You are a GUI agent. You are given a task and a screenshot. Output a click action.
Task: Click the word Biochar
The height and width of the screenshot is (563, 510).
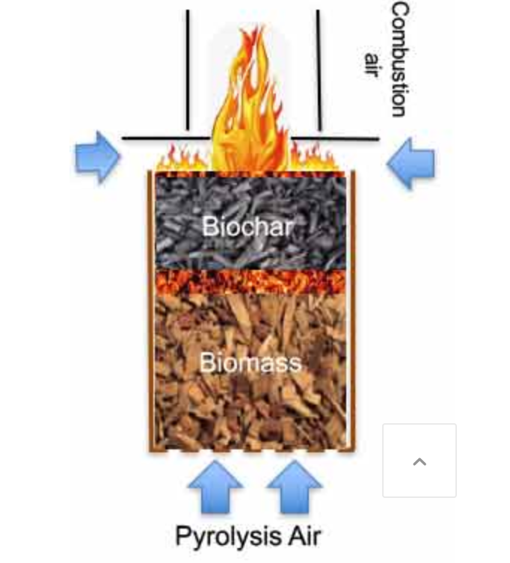pyautogui.click(x=248, y=226)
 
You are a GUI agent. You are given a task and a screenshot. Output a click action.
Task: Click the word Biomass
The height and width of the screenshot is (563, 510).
pyautogui.click(x=250, y=363)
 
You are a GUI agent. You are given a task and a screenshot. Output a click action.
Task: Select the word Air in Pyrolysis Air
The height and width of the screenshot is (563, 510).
pyautogui.click(x=299, y=536)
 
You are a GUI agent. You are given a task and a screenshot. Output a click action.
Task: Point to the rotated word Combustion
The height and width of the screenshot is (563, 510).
pyautogui.click(x=399, y=59)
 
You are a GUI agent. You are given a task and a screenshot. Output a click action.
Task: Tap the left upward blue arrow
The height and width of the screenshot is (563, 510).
pyautogui.click(x=215, y=486)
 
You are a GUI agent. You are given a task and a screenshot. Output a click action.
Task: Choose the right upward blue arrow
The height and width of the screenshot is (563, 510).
pyautogui.click(x=294, y=486)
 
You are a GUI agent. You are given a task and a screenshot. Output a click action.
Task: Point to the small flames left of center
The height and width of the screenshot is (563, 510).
pyautogui.click(x=183, y=157)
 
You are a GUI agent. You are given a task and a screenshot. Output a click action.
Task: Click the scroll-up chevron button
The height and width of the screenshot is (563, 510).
pyautogui.click(x=420, y=461)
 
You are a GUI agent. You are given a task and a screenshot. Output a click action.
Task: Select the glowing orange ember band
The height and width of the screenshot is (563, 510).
pyautogui.click(x=250, y=281)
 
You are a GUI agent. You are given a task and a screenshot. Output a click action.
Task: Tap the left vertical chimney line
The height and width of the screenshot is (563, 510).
pyautogui.click(x=188, y=71)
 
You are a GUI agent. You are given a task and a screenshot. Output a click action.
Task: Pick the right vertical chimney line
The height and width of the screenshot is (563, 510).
pyautogui.click(x=319, y=71)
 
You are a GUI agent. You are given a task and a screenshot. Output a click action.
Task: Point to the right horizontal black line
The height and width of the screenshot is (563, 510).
pyautogui.click(x=336, y=138)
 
